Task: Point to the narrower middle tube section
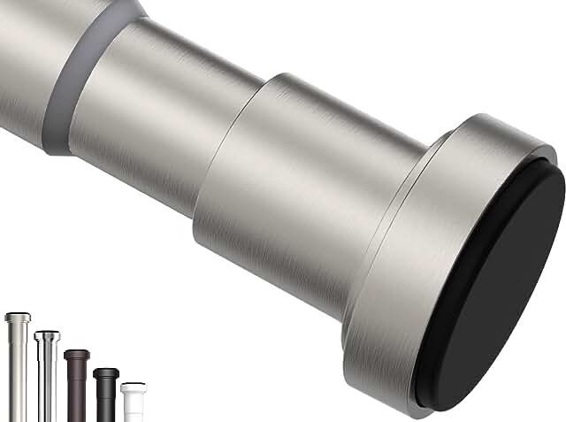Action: coord(159,115)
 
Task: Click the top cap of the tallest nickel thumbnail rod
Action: coord(18,317)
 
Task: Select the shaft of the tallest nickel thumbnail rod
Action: coord(18,372)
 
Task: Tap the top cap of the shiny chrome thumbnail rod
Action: coord(47,335)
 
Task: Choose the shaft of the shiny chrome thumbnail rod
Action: coord(47,380)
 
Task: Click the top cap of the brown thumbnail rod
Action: coord(77,354)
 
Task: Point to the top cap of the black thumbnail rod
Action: coord(106,372)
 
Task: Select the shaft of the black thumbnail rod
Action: coord(106,403)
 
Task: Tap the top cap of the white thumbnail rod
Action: coord(132,386)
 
